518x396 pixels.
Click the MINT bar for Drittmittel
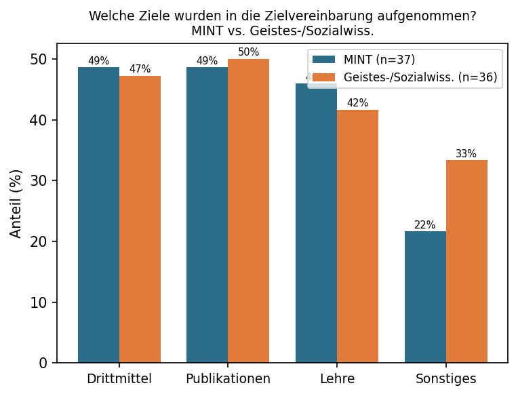[x=98, y=215]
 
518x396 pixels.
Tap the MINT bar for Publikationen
[x=207, y=215]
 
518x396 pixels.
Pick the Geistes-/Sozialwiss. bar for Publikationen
[x=248, y=211]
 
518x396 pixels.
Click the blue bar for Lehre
[x=316, y=223]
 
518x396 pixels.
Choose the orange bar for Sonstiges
[x=466, y=261]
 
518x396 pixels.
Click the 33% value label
[x=466, y=154]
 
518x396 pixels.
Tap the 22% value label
[x=425, y=225]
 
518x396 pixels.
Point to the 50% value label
[x=248, y=52]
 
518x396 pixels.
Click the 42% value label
[x=357, y=103]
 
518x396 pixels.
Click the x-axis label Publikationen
[x=228, y=378]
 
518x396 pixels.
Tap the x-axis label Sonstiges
[x=445, y=378]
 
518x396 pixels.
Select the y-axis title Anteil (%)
[x=16, y=203]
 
